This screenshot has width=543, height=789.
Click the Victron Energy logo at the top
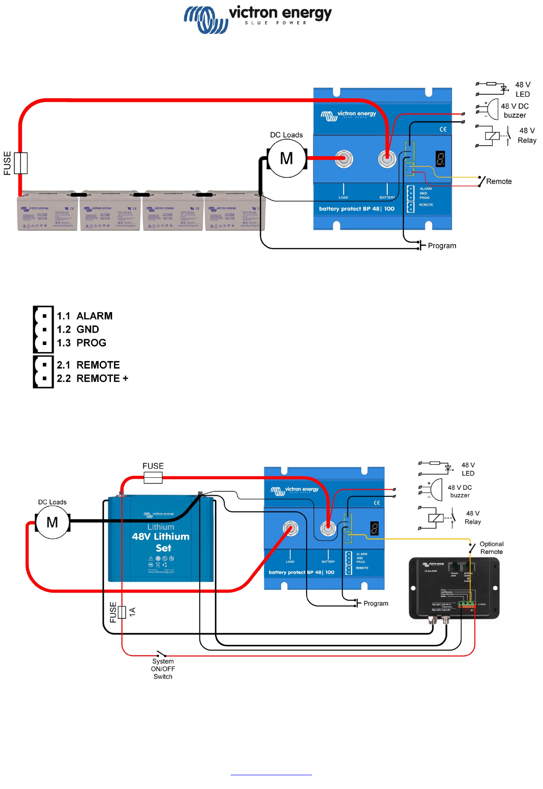(257, 19)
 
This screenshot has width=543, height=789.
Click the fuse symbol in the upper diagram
(21, 163)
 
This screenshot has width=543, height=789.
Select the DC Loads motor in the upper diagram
(287, 158)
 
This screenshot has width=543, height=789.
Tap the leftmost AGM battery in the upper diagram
(47, 212)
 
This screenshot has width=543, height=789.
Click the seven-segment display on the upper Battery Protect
(440, 159)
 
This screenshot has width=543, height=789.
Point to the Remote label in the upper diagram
(499, 181)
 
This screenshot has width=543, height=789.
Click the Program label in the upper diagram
(442, 246)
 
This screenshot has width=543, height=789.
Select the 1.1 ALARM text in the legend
(84, 316)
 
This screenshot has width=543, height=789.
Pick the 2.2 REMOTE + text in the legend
(93, 379)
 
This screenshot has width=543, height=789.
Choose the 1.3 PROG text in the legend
(82, 343)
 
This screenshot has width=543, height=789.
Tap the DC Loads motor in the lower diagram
(53, 522)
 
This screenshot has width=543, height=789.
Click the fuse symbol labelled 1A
(122, 612)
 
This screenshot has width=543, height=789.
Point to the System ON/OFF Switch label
(163, 669)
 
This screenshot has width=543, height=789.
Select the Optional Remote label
(491, 548)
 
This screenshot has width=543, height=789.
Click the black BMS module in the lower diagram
(454, 588)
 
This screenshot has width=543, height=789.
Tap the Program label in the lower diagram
(375, 603)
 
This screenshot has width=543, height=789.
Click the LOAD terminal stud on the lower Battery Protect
(290, 528)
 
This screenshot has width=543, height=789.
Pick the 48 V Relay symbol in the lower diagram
(436, 518)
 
